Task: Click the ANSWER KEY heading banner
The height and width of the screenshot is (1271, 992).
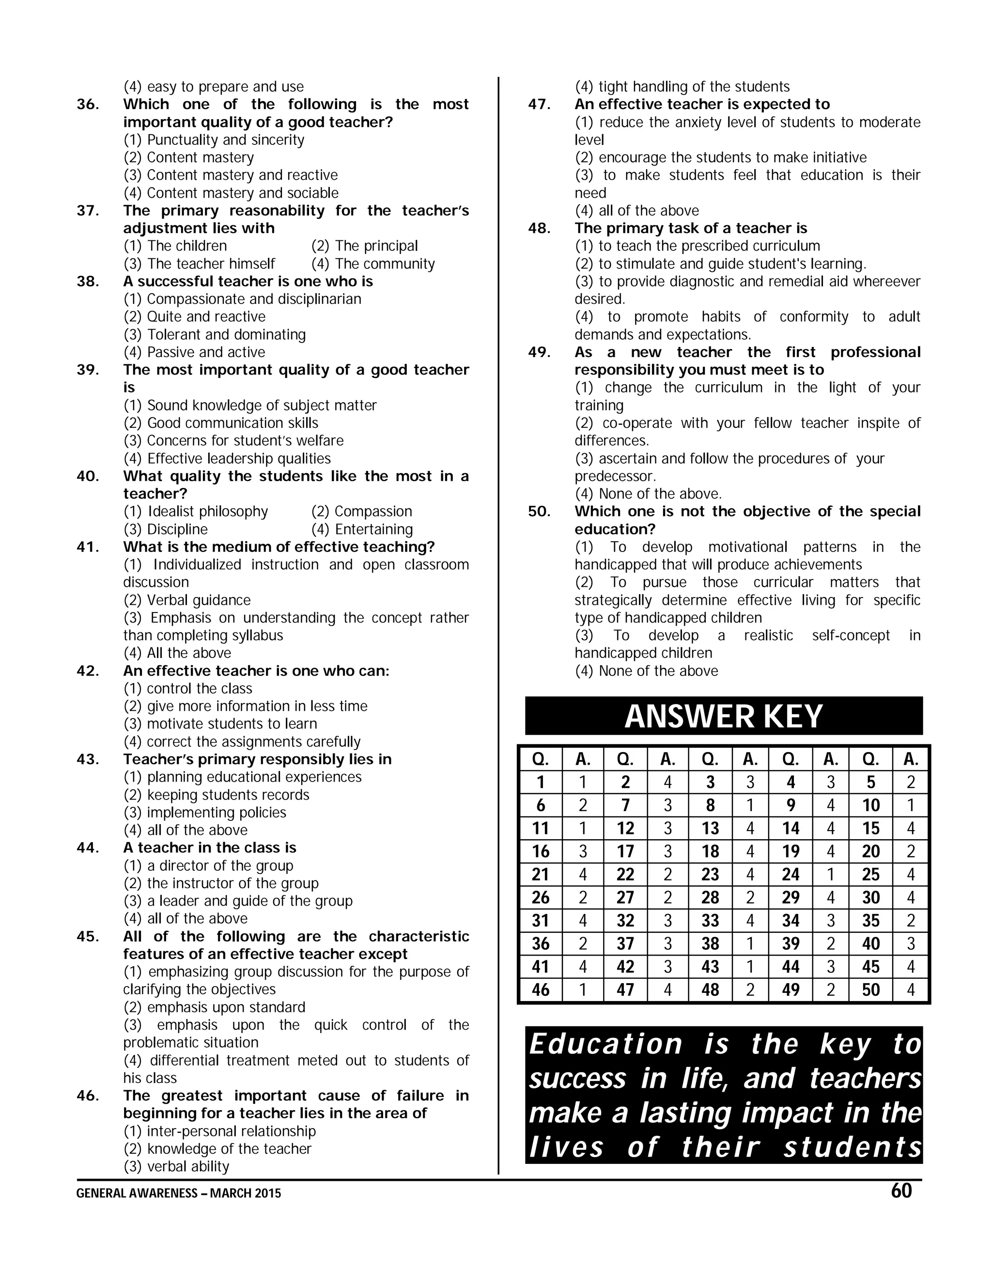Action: pyautogui.click(x=723, y=716)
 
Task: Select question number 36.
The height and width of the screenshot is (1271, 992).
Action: pyautogui.click(x=88, y=105)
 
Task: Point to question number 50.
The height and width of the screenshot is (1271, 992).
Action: pyautogui.click(x=539, y=512)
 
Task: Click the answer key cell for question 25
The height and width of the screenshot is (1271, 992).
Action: pyautogui.click(x=870, y=874)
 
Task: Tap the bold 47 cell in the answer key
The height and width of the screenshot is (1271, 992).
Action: pyautogui.click(x=625, y=990)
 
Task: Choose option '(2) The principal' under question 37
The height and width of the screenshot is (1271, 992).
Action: pyautogui.click(x=364, y=246)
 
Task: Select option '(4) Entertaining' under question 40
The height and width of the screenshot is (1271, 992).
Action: pyautogui.click(x=362, y=530)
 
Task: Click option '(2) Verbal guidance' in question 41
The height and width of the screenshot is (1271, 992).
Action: pyautogui.click(x=187, y=600)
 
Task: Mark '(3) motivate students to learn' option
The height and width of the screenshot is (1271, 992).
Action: pyautogui.click(x=220, y=724)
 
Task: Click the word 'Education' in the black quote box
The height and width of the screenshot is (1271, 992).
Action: pyautogui.click(x=605, y=1044)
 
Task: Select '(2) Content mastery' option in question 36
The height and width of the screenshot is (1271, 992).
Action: pyautogui.click(x=189, y=157)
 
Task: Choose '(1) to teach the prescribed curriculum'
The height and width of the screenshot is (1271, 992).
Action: pyautogui.click(x=697, y=246)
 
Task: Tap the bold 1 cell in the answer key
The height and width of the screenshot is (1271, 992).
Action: pyautogui.click(x=541, y=782)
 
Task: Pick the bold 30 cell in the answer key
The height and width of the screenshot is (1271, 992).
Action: pyautogui.click(x=870, y=897)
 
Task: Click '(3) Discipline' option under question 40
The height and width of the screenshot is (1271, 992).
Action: pyautogui.click(x=166, y=530)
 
